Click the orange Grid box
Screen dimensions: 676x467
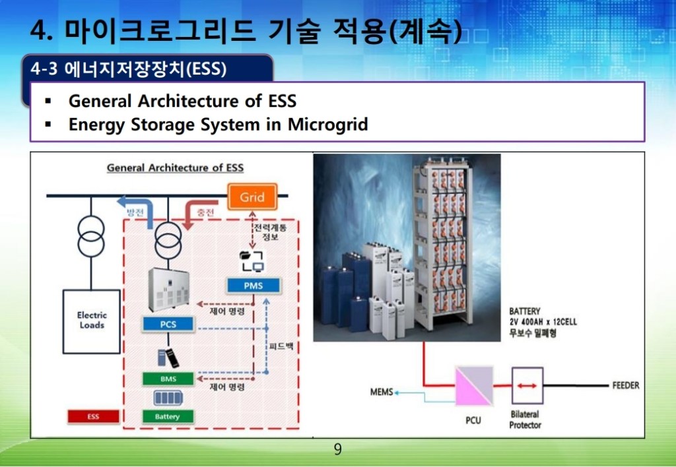tap(252, 197)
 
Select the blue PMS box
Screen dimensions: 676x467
tap(253, 286)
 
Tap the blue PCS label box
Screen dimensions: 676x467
tap(168, 325)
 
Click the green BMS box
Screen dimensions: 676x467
tap(168, 379)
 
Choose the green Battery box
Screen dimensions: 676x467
tap(168, 417)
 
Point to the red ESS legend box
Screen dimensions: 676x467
tap(93, 417)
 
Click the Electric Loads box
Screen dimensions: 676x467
tap(91, 321)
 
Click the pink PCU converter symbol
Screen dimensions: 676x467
tap(474, 386)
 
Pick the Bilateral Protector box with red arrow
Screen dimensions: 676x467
tap(527, 386)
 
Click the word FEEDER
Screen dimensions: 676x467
tap(626, 386)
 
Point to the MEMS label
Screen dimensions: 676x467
tap(382, 392)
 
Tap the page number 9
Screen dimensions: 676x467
tap(337, 449)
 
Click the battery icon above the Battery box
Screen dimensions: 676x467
tap(168, 398)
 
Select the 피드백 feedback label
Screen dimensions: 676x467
tap(281, 346)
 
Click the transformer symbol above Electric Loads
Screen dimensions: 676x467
tap(91, 237)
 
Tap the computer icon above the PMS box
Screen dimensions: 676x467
tap(252, 261)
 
